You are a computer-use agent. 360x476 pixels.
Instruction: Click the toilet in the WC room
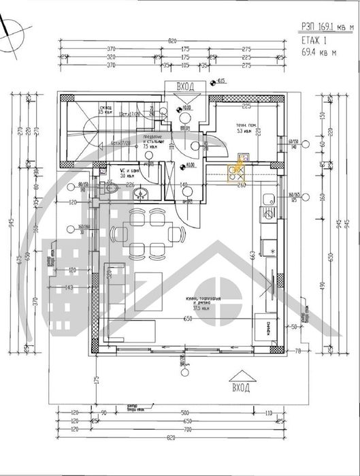click(x=112, y=193)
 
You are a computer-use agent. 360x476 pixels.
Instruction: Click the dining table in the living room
click(x=147, y=232)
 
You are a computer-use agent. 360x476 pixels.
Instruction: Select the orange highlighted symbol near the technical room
click(x=240, y=167)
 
